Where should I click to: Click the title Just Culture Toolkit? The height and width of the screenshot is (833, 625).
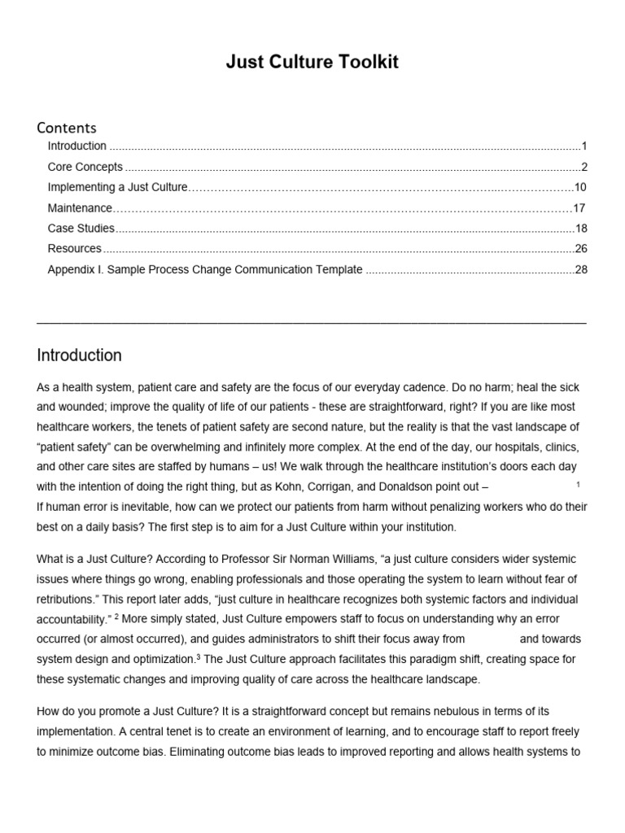(312, 63)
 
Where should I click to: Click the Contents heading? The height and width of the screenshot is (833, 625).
(67, 128)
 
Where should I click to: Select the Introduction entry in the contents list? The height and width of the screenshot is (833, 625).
(77, 146)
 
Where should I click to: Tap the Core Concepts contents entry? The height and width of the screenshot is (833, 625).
(85, 167)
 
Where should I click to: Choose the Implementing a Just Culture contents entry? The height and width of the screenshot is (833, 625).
(118, 187)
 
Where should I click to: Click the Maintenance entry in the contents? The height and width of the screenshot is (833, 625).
(80, 208)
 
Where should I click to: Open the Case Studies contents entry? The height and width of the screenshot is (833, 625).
(81, 229)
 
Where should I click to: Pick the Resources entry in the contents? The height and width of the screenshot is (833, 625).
(75, 249)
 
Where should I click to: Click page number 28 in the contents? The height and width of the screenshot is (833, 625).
(580, 270)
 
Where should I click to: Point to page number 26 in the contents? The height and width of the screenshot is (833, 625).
(580, 249)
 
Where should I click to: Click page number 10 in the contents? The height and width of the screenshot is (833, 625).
(580, 187)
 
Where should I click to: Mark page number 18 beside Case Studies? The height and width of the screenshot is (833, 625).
(581, 229)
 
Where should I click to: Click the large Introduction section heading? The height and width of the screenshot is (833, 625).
(80, 355)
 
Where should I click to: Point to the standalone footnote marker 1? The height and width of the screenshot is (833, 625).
(578, 485)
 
